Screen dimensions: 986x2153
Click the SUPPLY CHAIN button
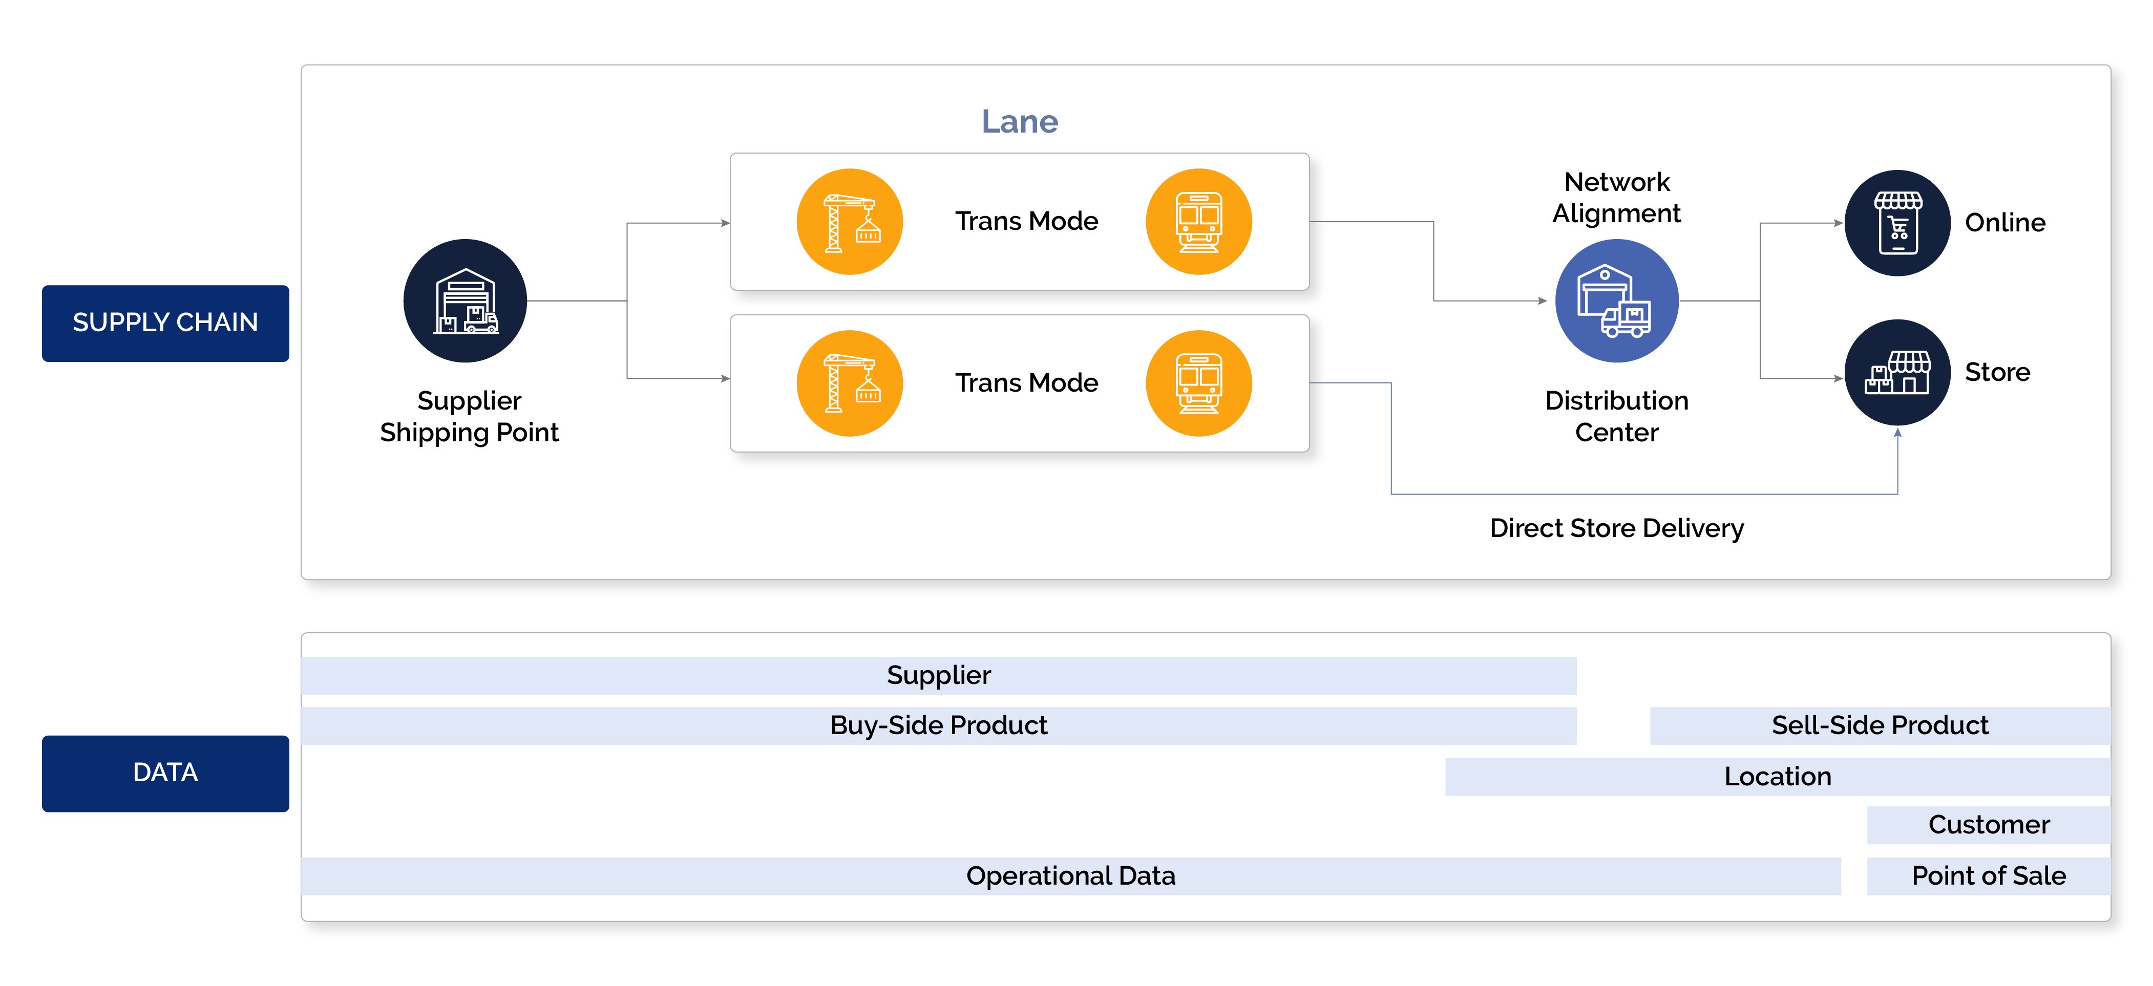[x=165, y=323]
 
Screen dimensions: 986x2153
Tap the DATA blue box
[x=165, y=773]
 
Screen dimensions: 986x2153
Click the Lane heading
[x=1019, y=122]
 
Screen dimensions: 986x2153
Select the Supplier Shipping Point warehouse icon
[x=465, y=301]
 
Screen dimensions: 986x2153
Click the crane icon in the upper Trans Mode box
[x=849, y=222]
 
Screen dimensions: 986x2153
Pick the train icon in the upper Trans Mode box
[x=1198, y=222]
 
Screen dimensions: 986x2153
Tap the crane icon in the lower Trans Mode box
[x=849, y=383]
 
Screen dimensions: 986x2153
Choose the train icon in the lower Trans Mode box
[x=1198, y=383]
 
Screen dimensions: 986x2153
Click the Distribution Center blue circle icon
[x=1616, y=301]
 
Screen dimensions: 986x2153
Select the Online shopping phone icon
[x=1897, y=223]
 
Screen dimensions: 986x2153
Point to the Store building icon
[x=1897, y=373]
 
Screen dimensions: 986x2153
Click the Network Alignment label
[x=1616, y=198]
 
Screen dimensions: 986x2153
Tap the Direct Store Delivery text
[x=1616, y=528]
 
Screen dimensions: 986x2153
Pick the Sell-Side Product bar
[x=1879, y=725]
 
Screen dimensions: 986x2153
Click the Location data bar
[x=1777, y=776]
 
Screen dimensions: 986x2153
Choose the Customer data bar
[x=1988, y=825]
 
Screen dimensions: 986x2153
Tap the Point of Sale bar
[x=1988, y=876]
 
